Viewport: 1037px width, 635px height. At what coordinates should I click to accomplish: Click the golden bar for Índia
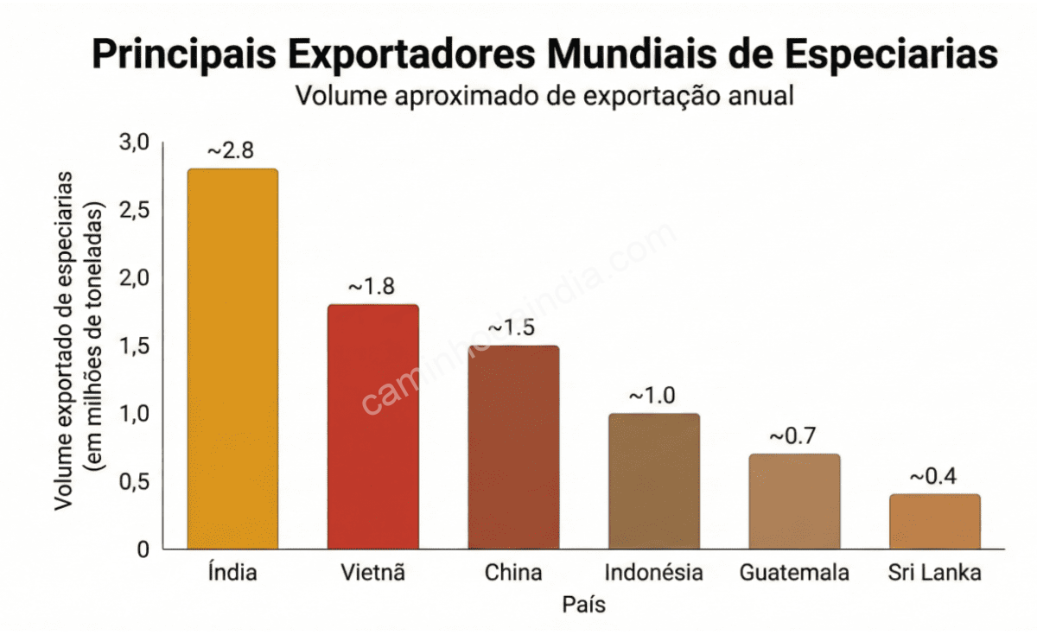(232, 359)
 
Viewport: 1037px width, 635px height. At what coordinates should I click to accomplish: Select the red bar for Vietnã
(372, 426)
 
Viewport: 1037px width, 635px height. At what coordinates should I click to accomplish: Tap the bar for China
(513, 447)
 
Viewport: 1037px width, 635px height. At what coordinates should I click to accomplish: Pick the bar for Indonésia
(653, 480)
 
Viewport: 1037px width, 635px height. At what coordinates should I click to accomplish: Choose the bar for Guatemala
(794, 501)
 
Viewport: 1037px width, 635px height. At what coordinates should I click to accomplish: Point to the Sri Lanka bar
(934, 521)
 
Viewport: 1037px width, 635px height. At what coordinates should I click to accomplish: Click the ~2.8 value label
(231, 150)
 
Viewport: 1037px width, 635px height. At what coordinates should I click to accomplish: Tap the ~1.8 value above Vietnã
(372, 287)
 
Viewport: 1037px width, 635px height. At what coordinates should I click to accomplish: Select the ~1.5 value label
(512, 328)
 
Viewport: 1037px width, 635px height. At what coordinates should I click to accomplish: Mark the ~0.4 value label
(932, 477)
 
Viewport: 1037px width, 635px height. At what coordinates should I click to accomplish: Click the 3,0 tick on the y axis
(134, 143)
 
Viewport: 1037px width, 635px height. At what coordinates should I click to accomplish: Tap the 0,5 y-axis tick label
(134, 482)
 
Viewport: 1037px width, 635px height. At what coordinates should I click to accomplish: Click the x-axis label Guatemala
(794, 573)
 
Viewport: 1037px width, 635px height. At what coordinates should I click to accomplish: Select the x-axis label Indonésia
(653, 573)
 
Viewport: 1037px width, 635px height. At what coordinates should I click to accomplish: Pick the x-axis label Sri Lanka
(934, 573)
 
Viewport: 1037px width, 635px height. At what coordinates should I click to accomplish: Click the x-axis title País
(583, 605)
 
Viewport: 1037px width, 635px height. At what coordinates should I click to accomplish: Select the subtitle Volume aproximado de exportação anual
(544, 95)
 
